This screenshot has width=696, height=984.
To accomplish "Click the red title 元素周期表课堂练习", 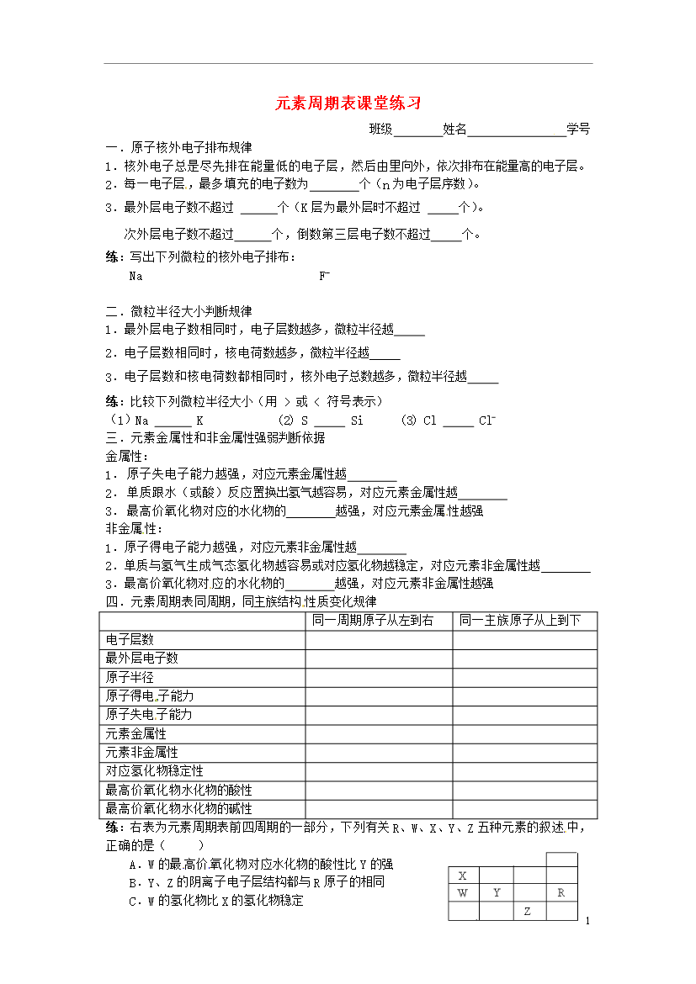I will click(x=348, y=103).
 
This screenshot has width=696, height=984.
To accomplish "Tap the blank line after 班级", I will click(x=417, y=130).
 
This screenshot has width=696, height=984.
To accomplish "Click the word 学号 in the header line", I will click(x=578, y=129).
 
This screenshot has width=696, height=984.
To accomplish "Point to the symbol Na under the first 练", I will click(x=135, y=275).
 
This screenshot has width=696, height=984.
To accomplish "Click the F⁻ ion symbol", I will click(x=324, y=275).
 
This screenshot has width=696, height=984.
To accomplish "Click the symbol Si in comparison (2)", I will click(x=357, y=421).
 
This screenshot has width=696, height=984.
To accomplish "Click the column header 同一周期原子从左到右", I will click(x=373, y=621).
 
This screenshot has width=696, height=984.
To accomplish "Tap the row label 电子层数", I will click(x=130, y=640).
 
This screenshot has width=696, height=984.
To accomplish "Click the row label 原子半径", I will click(x=130, y=677).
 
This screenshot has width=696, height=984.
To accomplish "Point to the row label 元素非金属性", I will click(x=141, y=752).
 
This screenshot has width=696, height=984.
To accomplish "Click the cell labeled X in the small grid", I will click(x=463, y=876).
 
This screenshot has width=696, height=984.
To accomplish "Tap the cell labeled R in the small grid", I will click(x=561, y=893).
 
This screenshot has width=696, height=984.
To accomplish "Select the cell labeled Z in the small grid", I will click(x=528, y=912).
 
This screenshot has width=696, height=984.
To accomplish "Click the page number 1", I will click(x=587, y=923).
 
